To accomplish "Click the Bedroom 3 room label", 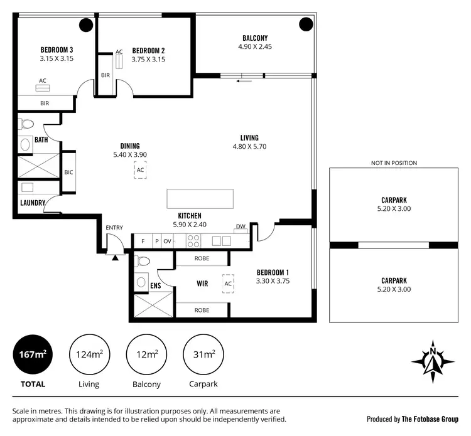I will point(57,50).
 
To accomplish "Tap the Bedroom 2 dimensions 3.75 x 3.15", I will point(148,60).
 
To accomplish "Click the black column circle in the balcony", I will point(305,24).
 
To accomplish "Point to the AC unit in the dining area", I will point(141,170).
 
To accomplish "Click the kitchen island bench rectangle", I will point(200,199).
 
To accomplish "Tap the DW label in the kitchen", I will point(241,227).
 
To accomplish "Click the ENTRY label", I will point(114,228).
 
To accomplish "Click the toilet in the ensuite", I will point(143,262).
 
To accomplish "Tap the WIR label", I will point(202,284).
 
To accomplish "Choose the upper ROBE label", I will point(202,258).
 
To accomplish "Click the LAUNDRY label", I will point(32,203).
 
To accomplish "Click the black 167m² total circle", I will point(33,355).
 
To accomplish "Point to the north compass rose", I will point(433,361).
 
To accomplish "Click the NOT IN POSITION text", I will point(394,163).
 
